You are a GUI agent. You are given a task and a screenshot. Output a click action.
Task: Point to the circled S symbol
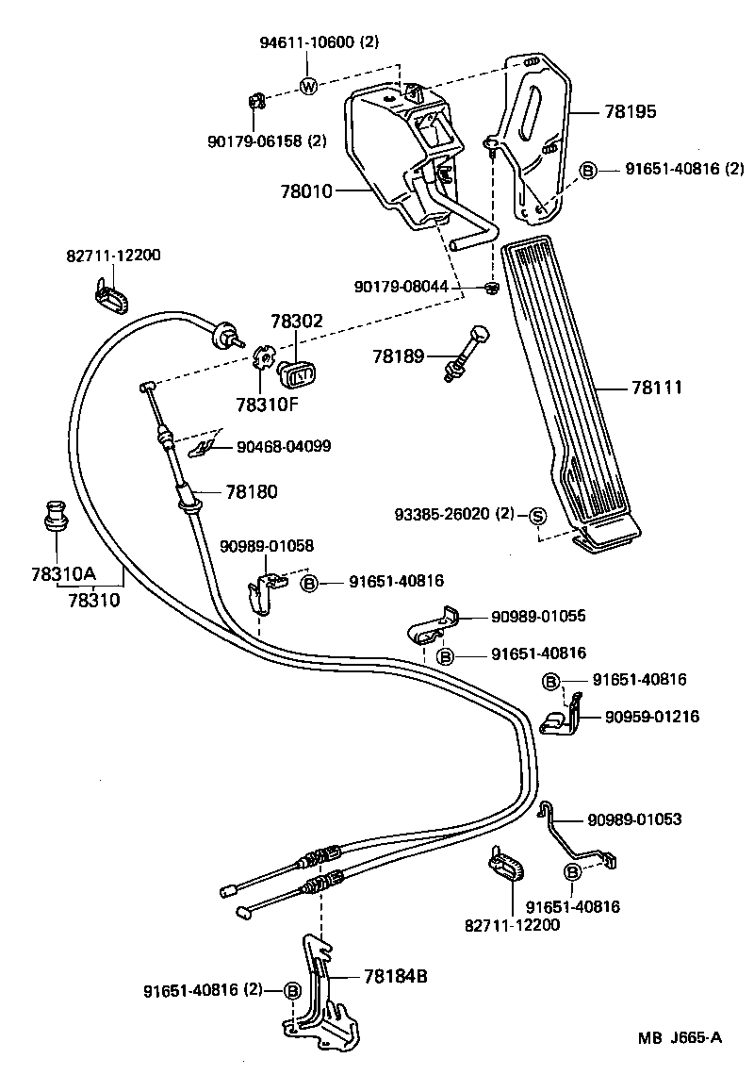537,515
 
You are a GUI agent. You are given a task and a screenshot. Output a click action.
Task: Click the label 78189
399,356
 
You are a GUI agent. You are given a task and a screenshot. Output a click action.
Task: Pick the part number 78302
297,322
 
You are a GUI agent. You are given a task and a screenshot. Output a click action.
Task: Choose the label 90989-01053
633,820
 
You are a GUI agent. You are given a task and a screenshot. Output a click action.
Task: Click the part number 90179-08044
415,286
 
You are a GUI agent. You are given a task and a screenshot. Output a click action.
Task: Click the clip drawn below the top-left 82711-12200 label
112,295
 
